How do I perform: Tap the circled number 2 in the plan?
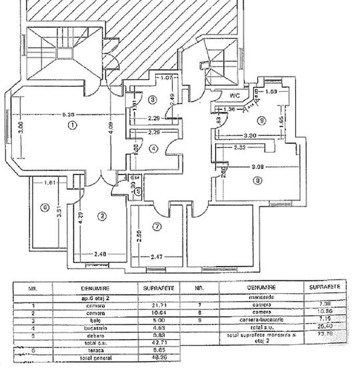pos(102,216)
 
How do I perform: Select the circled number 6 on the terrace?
pos(45,206)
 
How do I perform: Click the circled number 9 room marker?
pos(262,121)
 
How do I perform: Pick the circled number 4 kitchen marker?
pos(153,148)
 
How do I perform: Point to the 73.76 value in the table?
pos(326,336)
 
